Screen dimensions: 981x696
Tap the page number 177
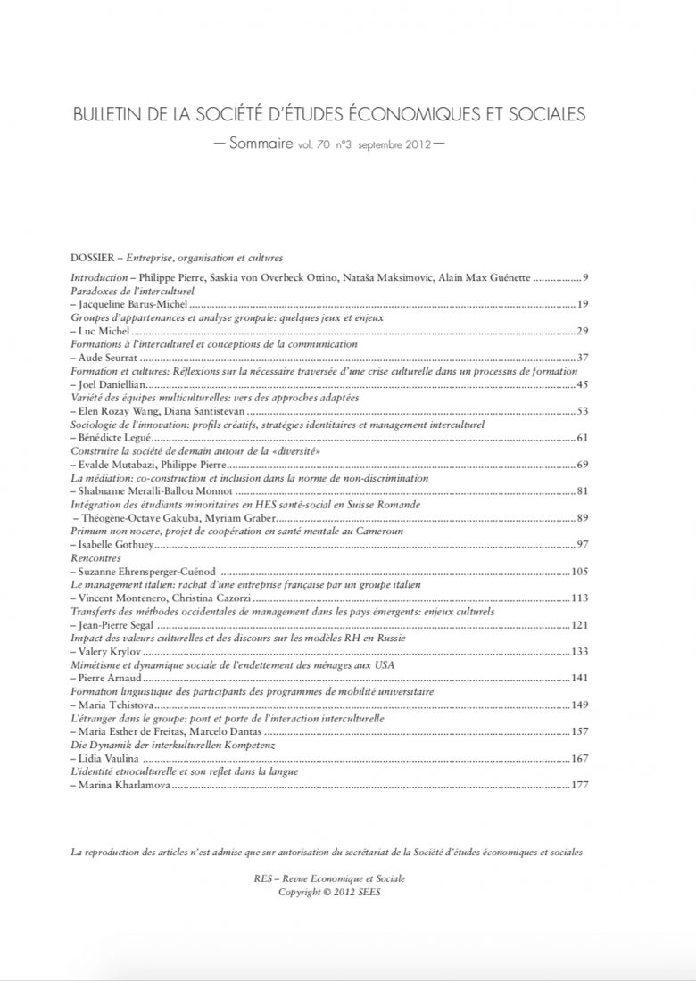580,787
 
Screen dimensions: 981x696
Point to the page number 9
584,278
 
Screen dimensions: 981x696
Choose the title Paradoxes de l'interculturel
132,291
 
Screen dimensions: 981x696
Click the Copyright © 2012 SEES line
328,891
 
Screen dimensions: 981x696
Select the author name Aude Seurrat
106,358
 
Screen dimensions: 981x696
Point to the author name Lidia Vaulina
106,759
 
